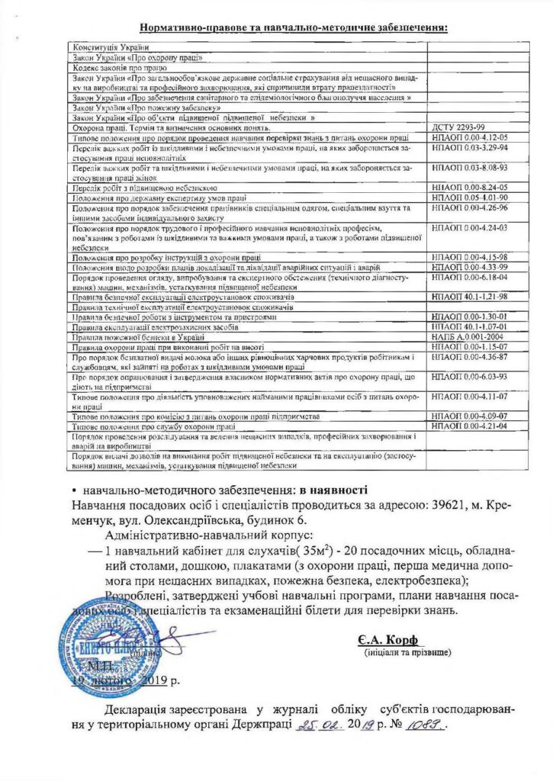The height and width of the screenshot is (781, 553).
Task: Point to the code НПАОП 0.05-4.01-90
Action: pos(469,197)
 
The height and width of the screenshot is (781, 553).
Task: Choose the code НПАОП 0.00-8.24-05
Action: pos(469,187)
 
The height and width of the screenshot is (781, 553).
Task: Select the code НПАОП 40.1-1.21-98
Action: pos(469,296)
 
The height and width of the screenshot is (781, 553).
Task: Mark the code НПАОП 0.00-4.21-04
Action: pos(469,426)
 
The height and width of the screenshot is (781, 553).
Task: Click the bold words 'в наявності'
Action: pos(334,490)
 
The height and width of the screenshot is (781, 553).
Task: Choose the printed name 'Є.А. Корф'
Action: pos(389,639)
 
